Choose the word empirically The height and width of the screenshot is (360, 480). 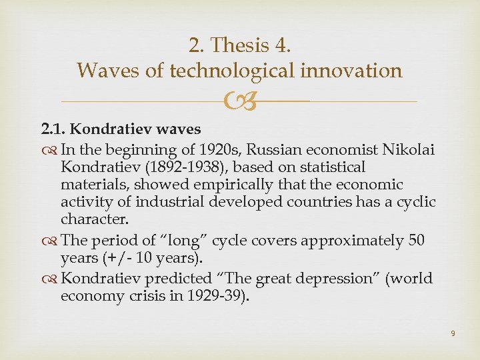pyautogui.click(x=214, y=184)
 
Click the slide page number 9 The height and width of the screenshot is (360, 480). pyautogui.click(x=453, y=333)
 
